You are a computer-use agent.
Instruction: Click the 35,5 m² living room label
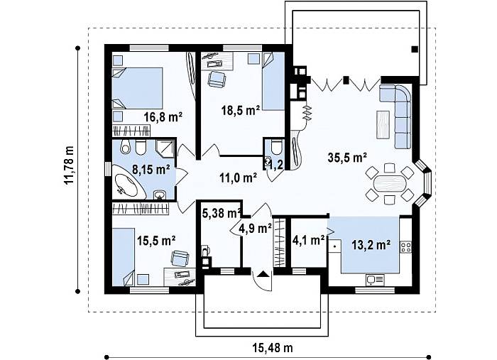click(347, 158)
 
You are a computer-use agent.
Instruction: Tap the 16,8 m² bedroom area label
click(163, 117)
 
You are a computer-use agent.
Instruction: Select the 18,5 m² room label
click(241, 110)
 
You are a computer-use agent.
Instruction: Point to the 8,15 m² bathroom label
click(151, 169)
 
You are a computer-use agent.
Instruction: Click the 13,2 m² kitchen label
click(371, 245)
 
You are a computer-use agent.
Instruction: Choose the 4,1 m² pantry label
click(309, 240)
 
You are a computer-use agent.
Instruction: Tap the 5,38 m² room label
click(222, 213)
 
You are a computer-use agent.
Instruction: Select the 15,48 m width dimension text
click(273, 348)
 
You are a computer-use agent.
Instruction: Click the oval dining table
click(390, 183)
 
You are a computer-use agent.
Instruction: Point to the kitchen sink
click(375, 280)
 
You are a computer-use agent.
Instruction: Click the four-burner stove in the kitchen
click(405, 247)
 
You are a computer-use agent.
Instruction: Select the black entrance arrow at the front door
click(263, 273)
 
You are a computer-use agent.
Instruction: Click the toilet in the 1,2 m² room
click(277, 146)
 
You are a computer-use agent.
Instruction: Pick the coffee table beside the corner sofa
click(383, 124)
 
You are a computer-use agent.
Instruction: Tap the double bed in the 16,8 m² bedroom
click(137, 88)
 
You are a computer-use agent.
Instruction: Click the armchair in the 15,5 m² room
click(180, 258)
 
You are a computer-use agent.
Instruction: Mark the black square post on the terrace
click(414, 49)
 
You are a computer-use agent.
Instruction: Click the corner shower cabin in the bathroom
click(165, 148)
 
